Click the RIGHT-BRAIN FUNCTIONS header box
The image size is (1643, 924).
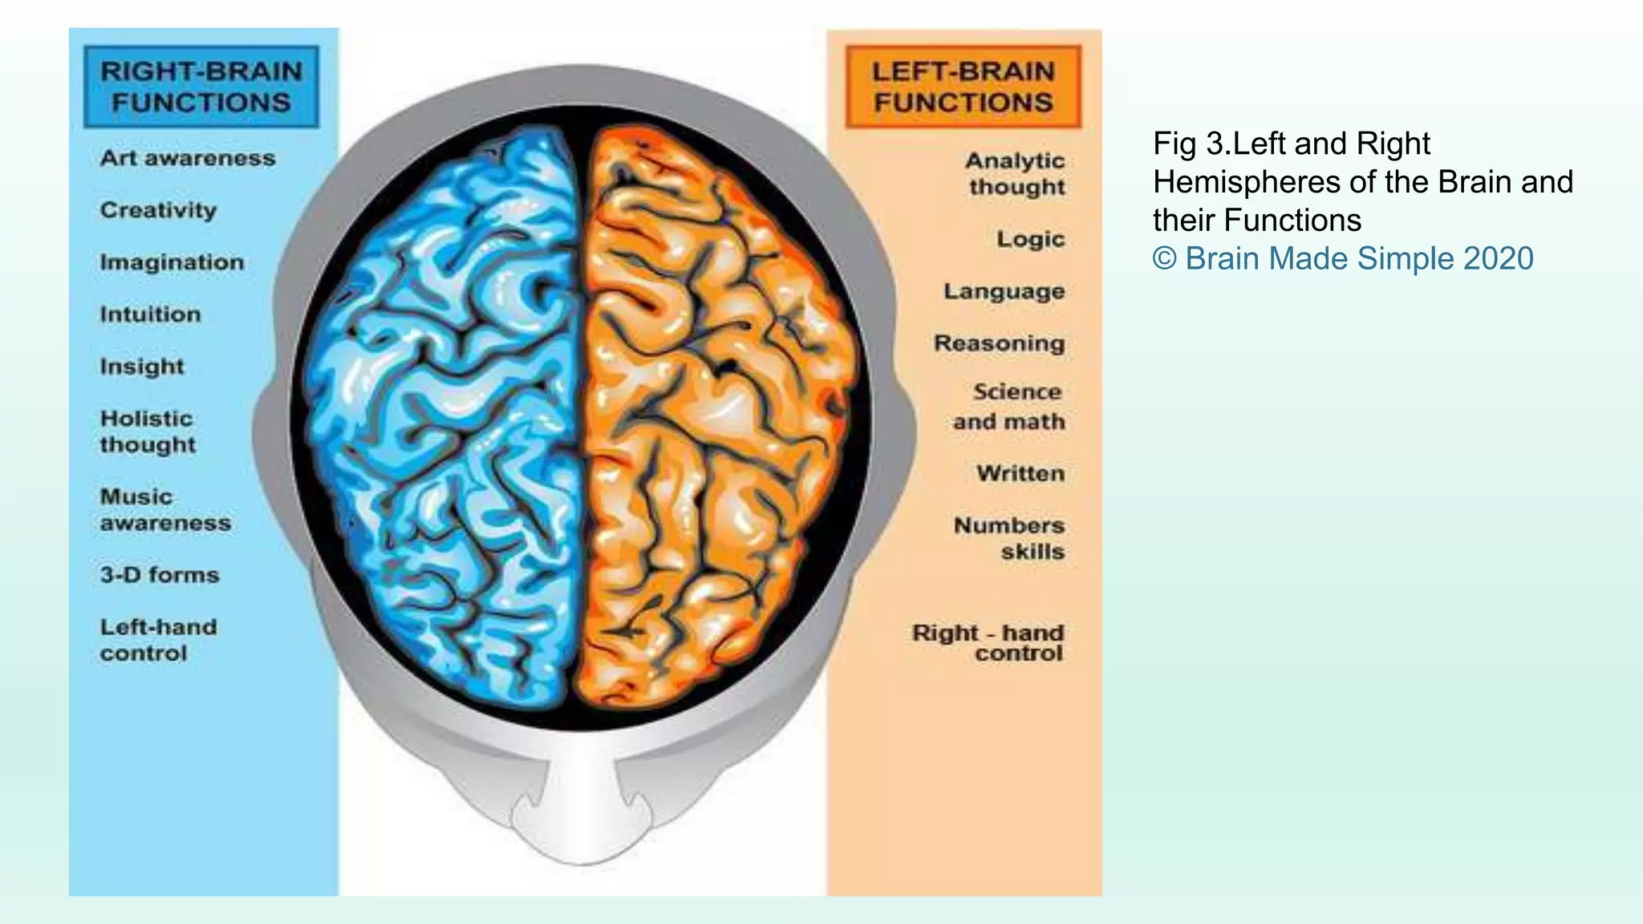[201, 87]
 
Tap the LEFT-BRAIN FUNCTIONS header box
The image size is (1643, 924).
[963, 87]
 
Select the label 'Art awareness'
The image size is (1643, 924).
[188, 158]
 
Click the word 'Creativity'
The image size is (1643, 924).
[158, 210]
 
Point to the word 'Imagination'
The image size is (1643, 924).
[172, 262]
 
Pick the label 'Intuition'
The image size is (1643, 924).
[150, 314]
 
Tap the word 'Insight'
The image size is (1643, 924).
[142, 367]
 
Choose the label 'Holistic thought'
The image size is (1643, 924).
[148, 432]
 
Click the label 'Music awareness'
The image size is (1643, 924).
[165, 509]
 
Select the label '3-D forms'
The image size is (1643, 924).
[160, 575]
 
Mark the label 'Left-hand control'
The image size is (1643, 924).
[158, 640]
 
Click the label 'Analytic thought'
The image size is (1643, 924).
[1015, 173]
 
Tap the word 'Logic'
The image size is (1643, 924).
[1031, 239]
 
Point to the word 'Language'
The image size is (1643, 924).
[1004, 291]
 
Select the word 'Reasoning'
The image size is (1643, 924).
[1000, 343]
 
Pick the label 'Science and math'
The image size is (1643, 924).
[1009, 407]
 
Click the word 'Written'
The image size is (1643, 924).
[1020, 473]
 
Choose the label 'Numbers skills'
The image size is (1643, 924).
[1009, 538]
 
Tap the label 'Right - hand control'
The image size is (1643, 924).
[988, 642]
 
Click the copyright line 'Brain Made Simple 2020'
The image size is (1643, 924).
[1343, 258]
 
